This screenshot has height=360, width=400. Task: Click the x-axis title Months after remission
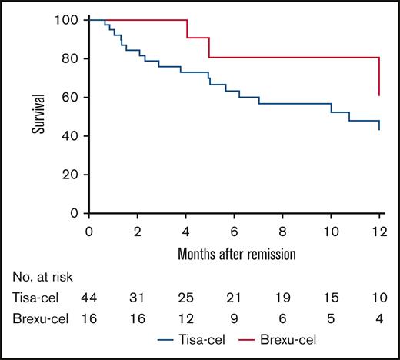[x=234, y=252]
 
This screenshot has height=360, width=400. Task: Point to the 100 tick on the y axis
[x=71, y=19]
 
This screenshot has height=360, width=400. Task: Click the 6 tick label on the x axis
[x=235, y=232]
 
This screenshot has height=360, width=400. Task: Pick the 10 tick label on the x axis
[x=331, y=232]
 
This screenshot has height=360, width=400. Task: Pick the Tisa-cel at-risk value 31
[x=138, y=296]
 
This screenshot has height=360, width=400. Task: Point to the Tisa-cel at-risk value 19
[x=282, y=296]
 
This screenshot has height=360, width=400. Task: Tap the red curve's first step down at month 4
[x=186, y=28]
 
